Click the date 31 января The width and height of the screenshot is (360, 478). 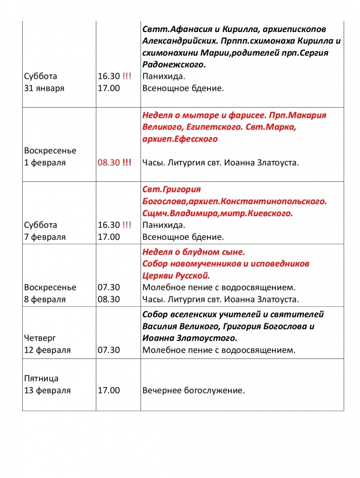pyautogui.click(x=44, y=88)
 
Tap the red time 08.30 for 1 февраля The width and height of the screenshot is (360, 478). pyautogui.click(x=109, y=163)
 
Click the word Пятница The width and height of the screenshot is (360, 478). pyautogui.click(x=41, y=379)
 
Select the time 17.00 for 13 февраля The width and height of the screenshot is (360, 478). pyautogui.click(x=109, y=391)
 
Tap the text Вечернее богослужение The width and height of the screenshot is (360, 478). pyautogui.click(x=194, y=391)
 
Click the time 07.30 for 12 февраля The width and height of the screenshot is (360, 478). pyautogui.click(x=109, y=350)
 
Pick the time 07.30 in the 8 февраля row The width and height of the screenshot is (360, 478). pyautogui.click(x=109, y=288)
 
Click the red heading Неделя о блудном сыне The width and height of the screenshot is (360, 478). pyautogui.click(x=194, y=251)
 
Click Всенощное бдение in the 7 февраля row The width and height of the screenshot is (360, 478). pyautogui.click(x=183, y=237)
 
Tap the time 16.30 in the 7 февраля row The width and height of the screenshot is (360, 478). pyautogui.click(x=109, y=225)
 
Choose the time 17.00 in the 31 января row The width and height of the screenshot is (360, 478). pyautogui.click(x=109, y=88)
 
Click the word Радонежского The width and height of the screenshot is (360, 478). pyautogui.click(x=174, y=65)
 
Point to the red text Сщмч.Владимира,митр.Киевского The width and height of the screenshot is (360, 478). pyautogui.click(x=218, y=213)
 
